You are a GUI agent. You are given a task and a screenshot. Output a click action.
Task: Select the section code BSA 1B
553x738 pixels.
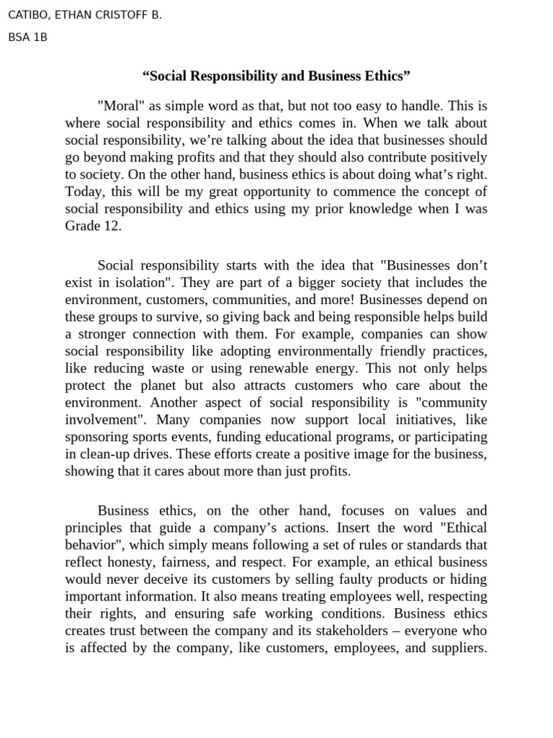click(27, 37)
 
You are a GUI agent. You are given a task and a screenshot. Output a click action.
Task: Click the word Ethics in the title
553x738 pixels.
click(387, 76)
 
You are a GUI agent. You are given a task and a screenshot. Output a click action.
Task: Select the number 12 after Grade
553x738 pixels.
click(113, 226)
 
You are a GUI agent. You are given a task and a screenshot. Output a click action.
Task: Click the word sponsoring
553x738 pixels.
click(98, 437)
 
